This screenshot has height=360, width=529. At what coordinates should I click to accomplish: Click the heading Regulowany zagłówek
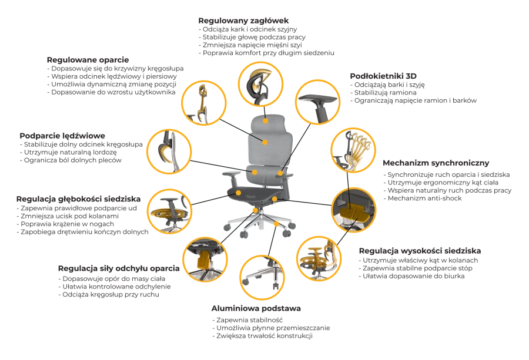click(x=243, y=21)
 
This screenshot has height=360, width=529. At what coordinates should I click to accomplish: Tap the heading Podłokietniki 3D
click(x=383, y=76)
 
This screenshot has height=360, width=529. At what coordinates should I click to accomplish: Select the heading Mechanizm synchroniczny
click(x=436, y=163)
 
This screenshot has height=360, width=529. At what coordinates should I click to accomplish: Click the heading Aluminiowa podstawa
click(x=256, y=308)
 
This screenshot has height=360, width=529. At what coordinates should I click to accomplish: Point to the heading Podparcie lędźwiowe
click(x=62, y=136)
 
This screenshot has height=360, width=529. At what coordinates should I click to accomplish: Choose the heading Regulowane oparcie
click(x=88, y=60)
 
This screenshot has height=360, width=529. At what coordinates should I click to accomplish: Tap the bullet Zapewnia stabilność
click(x=247, y=320)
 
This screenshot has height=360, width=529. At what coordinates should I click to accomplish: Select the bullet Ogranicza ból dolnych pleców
click(x=71, y=160)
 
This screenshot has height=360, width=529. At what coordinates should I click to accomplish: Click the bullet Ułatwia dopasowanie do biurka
click(x=411, y=276)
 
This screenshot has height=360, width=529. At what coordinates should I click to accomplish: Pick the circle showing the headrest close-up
click(x=261, y=84)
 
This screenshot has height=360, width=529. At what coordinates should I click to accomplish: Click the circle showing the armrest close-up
click(x=317, y=102)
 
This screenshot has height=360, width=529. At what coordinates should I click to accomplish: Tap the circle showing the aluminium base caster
click(x=262, y=277)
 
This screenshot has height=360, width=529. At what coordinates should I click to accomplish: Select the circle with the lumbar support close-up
click(x=169, y=152)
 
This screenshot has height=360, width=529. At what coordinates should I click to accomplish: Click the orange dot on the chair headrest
click(x=266, y=120)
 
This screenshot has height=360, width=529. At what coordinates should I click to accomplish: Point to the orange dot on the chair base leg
click(x=276, y=224)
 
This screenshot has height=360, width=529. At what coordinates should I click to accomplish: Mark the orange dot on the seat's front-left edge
click(x=239, y=193)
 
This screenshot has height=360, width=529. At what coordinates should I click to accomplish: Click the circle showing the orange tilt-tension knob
click(x=205, y=259)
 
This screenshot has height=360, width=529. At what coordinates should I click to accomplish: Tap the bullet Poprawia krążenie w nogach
click(x=65, y=224)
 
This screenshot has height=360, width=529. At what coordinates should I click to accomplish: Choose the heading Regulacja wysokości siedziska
click(x=420, y=251)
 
